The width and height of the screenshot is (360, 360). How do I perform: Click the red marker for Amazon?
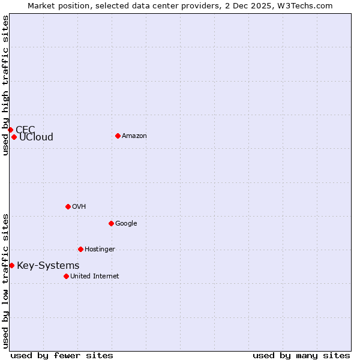118,136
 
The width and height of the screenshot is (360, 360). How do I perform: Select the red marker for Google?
111,223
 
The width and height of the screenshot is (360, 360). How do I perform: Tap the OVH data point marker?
68,206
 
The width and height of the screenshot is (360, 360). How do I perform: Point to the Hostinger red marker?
80,249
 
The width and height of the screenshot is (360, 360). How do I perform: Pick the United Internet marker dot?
66,276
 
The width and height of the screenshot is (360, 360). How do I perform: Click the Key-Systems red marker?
11,265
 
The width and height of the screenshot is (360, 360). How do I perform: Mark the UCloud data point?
14,137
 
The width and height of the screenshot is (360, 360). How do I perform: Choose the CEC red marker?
10,130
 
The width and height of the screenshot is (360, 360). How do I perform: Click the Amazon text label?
134,136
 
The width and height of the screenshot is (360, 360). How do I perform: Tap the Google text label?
126,224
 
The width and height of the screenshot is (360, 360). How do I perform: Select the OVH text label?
79,207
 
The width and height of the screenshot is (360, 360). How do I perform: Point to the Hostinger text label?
100,250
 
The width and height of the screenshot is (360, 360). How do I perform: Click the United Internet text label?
94,277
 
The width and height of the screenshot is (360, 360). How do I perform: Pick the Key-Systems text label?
48,266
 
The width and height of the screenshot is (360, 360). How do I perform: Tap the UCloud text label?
36,137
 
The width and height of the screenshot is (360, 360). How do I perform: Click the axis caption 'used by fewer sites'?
62,355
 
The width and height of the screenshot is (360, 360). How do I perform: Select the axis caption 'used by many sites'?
301,355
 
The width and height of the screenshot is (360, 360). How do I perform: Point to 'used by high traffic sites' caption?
5,85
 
